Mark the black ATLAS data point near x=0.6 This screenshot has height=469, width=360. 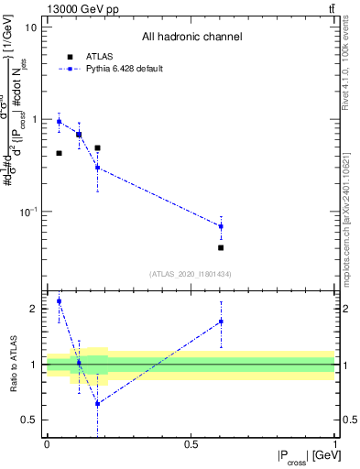point(221,247)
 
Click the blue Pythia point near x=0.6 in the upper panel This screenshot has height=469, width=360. point(221,226)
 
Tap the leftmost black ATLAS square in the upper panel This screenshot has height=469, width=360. point(60,153)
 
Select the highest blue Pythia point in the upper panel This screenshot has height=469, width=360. point(60,121)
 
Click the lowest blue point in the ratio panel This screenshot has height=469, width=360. point(97,403)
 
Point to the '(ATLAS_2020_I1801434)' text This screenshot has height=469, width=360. point(191,274)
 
